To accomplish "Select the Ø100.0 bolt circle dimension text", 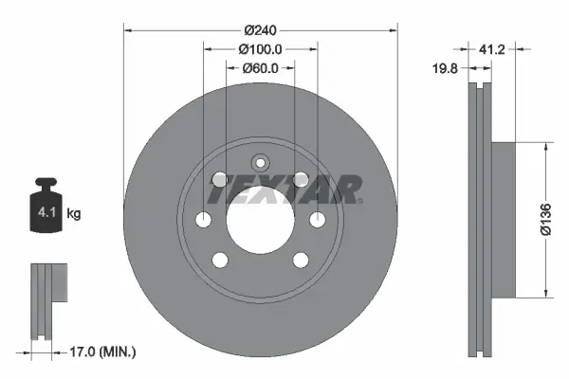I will (260, 49).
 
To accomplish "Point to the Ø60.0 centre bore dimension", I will (260, 67).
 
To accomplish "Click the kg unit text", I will (74, 214).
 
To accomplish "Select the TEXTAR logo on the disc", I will (284, 190).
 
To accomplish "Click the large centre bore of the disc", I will (260, 220).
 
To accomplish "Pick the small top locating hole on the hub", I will (260, 162).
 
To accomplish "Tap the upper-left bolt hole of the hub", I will (220, 179).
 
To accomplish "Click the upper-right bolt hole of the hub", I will (301, 179).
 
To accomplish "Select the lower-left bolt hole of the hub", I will (220, 261).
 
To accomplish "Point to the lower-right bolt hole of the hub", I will (301, 261).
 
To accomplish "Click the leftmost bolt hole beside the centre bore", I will (203, 220).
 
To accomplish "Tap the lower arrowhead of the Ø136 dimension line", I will (545, 291).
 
